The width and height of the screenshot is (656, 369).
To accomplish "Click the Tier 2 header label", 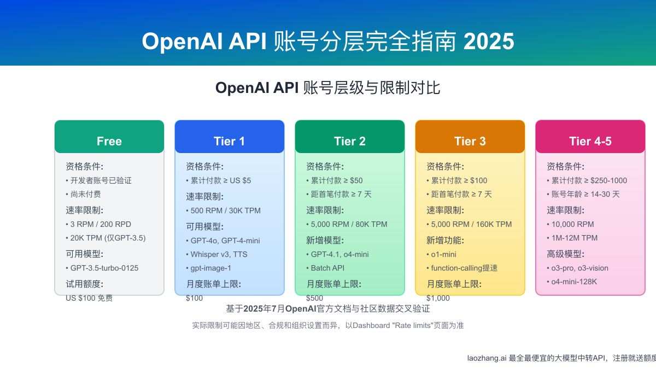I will tap(350, 141).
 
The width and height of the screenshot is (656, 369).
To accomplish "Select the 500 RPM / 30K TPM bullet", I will tap(225, 210).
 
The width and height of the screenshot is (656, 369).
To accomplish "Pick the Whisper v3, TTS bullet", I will tap(218, 254).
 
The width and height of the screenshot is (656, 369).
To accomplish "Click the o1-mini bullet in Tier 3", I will tap(443, 254).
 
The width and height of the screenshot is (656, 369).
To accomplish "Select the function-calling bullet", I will tap(464, 268).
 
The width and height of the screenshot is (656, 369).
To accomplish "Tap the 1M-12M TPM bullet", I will tap(575, 238).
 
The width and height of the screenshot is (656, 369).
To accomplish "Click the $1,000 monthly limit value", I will tap(438, 298).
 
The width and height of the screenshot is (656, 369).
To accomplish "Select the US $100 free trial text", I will tap(89, 298).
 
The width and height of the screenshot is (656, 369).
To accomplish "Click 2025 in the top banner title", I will tap(489, 42).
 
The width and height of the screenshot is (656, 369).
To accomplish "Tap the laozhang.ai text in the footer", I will tap(487, 358).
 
